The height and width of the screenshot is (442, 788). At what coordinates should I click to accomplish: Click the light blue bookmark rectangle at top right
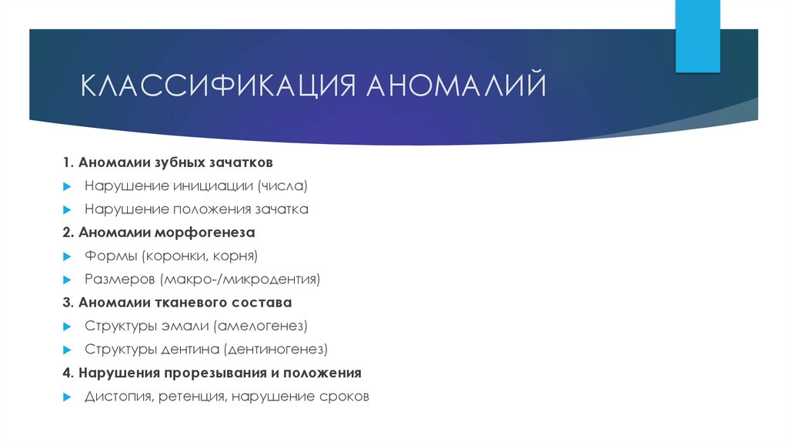point(698,36)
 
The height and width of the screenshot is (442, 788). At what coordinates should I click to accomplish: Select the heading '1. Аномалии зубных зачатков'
point(168,163)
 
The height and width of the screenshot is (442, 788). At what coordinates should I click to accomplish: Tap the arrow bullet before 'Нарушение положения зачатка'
point(68,209)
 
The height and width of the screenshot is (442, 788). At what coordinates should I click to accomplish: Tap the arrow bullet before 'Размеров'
point(68,279)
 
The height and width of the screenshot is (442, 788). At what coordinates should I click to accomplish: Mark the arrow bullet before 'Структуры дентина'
point(68,350)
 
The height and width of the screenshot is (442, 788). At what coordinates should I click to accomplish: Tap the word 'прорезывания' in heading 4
point(205,373)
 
